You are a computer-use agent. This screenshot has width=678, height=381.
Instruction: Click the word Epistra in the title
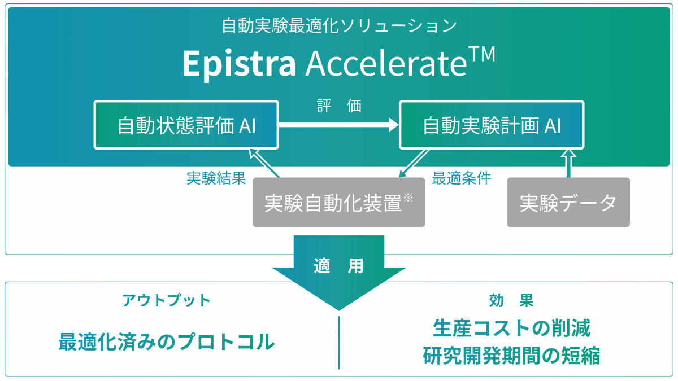coord(239,64)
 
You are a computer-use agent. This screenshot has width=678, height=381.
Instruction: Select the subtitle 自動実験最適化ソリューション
coord(339,25)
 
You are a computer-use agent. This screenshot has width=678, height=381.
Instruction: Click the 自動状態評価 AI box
coord(186,125)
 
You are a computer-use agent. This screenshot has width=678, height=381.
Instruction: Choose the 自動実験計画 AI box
coord(492,125)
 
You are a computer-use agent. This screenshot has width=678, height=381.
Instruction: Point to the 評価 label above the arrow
coord(339,106)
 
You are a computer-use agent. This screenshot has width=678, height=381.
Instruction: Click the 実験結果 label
coord(216,178)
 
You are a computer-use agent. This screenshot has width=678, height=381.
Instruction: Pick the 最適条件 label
coord(461,178)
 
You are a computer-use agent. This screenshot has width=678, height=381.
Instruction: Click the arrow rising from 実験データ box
coord(568,163)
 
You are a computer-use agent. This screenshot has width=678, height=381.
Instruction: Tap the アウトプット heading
coord(167,300)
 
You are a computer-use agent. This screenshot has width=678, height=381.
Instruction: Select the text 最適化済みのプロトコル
coord(167,341)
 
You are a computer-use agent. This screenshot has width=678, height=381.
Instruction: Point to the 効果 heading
coord(511,300)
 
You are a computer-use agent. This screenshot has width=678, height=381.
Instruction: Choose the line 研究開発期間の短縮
coord(511,356)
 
